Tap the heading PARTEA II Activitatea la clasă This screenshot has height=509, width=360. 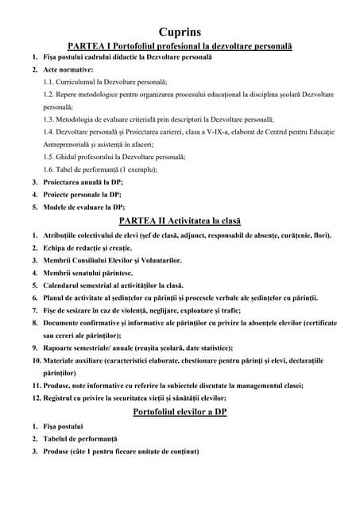tap(179, 220)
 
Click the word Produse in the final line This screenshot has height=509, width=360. tap(59, 452)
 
